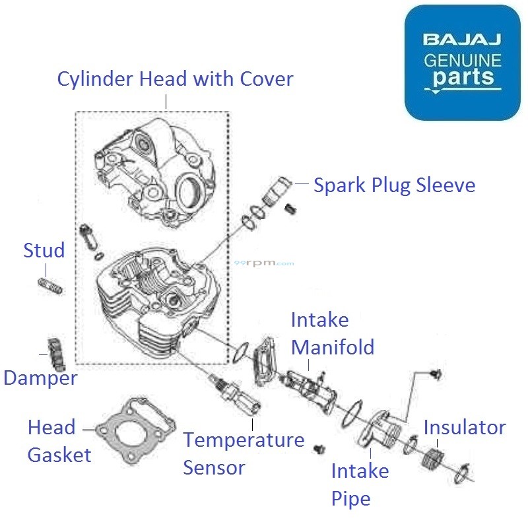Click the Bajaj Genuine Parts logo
[x=462, y=63]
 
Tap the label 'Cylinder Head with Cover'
[x=175, y=79]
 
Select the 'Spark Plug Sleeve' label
[x=394, y=185]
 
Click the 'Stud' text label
[x=44, y=251]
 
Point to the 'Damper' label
[x=40, y=378]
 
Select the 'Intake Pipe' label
[x=360, y=484]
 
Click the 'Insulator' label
[x=464, y=427]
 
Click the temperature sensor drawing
[x=234, y=396]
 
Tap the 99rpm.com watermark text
[x=264, y=263]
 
